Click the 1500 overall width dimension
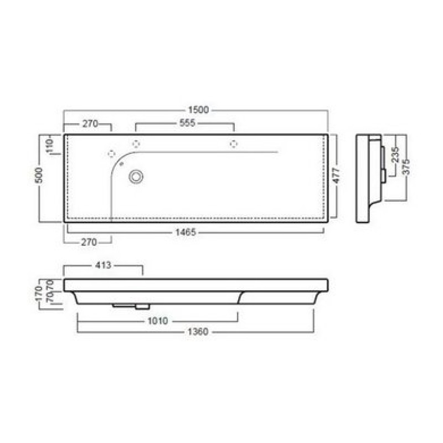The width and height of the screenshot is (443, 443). tap(198, 110)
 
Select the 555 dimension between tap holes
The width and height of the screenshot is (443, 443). tap(187, 123)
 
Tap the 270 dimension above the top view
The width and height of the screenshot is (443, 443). tap(90, 123)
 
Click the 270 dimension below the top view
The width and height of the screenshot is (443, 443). tap(89, 242)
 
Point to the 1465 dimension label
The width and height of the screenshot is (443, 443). tap(186, 232)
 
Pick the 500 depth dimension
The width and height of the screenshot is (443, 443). tap(39, 175)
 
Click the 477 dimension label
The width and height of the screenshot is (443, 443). tap(336, 176)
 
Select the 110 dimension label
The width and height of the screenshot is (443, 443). tap(49, 146)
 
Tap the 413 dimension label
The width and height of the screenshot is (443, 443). tap(103, 265)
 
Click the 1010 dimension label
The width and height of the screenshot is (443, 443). tap(158, 321)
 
